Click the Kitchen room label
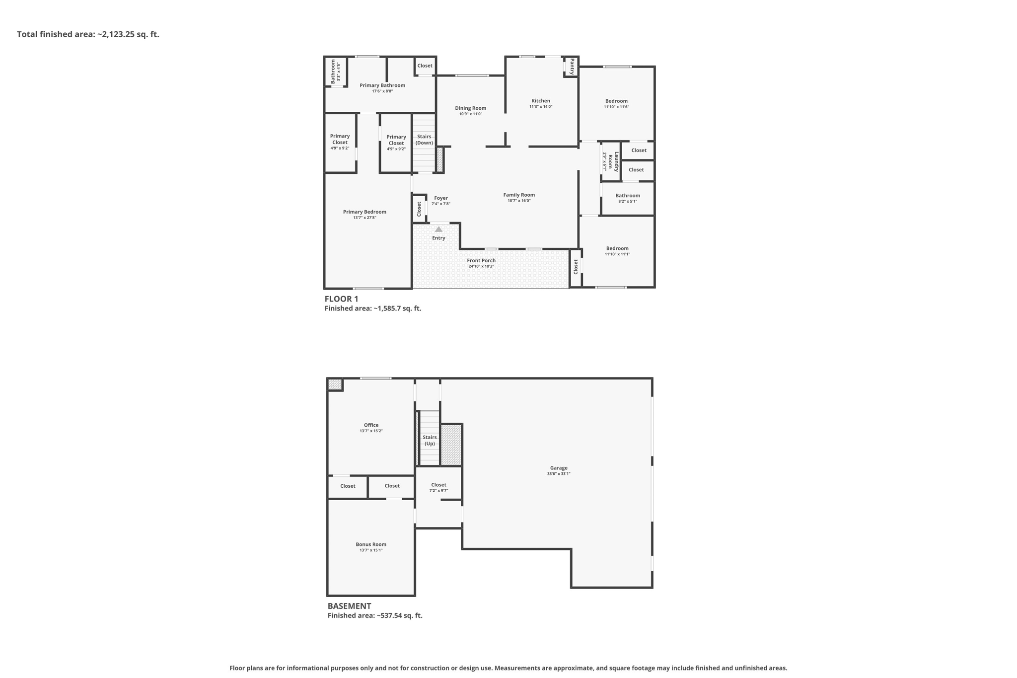pos(541,101)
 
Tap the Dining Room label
pos(471,108)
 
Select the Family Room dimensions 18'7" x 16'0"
pos(519,201)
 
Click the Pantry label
pos(572,66)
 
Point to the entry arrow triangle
pos(438,229)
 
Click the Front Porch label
pos(481,260)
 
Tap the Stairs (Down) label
pos(425,140)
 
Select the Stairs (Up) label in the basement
pos(430,441)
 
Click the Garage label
pos(559,468)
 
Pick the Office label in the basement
pos(371,425)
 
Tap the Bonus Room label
pos(371,544)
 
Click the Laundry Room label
pos(614,161)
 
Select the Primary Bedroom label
pos(364,212)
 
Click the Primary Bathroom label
pos(382,85)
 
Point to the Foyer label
pos(441,198)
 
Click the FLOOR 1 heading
pos(341,299)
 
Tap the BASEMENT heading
pos(349,606)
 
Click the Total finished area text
pos(88,34)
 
